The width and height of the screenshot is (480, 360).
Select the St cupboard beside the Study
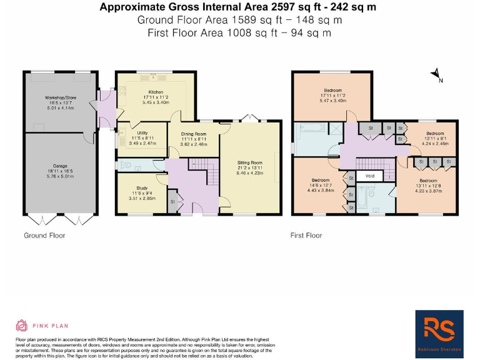click(172, 202)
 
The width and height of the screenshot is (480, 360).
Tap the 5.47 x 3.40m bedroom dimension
click(332, 100)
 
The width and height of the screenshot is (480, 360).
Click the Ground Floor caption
click(44, 236)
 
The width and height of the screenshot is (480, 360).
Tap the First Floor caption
click(306, 236)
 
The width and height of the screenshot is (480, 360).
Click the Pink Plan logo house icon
click(22, 325)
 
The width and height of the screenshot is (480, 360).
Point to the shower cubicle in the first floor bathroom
click(336, 129)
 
